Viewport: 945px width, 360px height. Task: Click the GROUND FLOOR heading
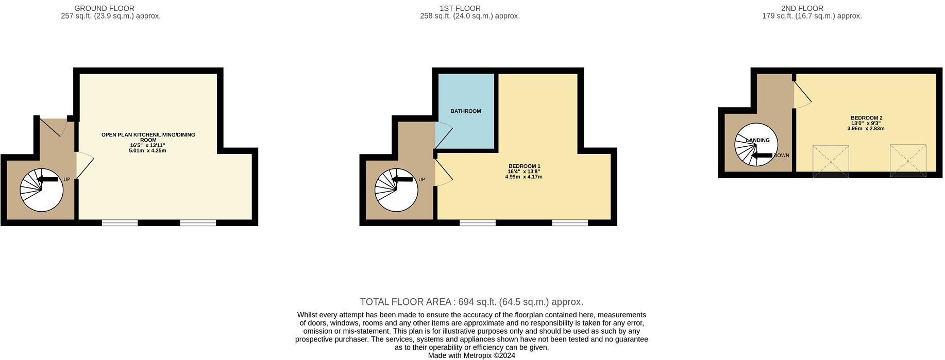pyautogui.click(x=104, y=8)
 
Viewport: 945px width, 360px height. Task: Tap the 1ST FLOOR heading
pyautogui.click(x=460, y=8)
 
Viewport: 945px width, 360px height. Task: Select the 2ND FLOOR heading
pyautogui.click(x=802, y=8)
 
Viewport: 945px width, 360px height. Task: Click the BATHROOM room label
pyautogui.click(x=465, y=111)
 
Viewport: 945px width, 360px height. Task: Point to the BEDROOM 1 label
pyautogui.click(x=524, y=166)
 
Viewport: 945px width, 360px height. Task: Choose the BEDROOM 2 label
pyautogui.click(x=866, y=118)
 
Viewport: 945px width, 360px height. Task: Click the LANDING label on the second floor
pyautogui.click(x=757, y=140)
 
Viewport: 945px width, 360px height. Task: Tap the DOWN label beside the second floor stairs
pyautogui.click(x=781, y=156)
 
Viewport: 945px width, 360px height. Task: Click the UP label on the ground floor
pyautogui.click(x=66, y=180)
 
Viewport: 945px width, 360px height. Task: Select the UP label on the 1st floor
pyautogui.click(x=421, y=180)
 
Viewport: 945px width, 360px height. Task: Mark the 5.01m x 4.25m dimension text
pyautogui.click(x=147, y=151)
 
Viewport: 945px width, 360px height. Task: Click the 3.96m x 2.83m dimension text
pyautogui.click(x=866, y=129)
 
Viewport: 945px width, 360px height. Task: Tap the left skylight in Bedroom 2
pyautogui.click(x=831, y=161)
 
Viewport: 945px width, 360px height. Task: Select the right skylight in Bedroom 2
pyautogui.click(x=908, y=161)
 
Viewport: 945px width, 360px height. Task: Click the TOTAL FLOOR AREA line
pyautogui.click(x=471, y=302)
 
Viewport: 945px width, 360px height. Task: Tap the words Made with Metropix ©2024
pyautogui.click(x=471, y=355)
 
